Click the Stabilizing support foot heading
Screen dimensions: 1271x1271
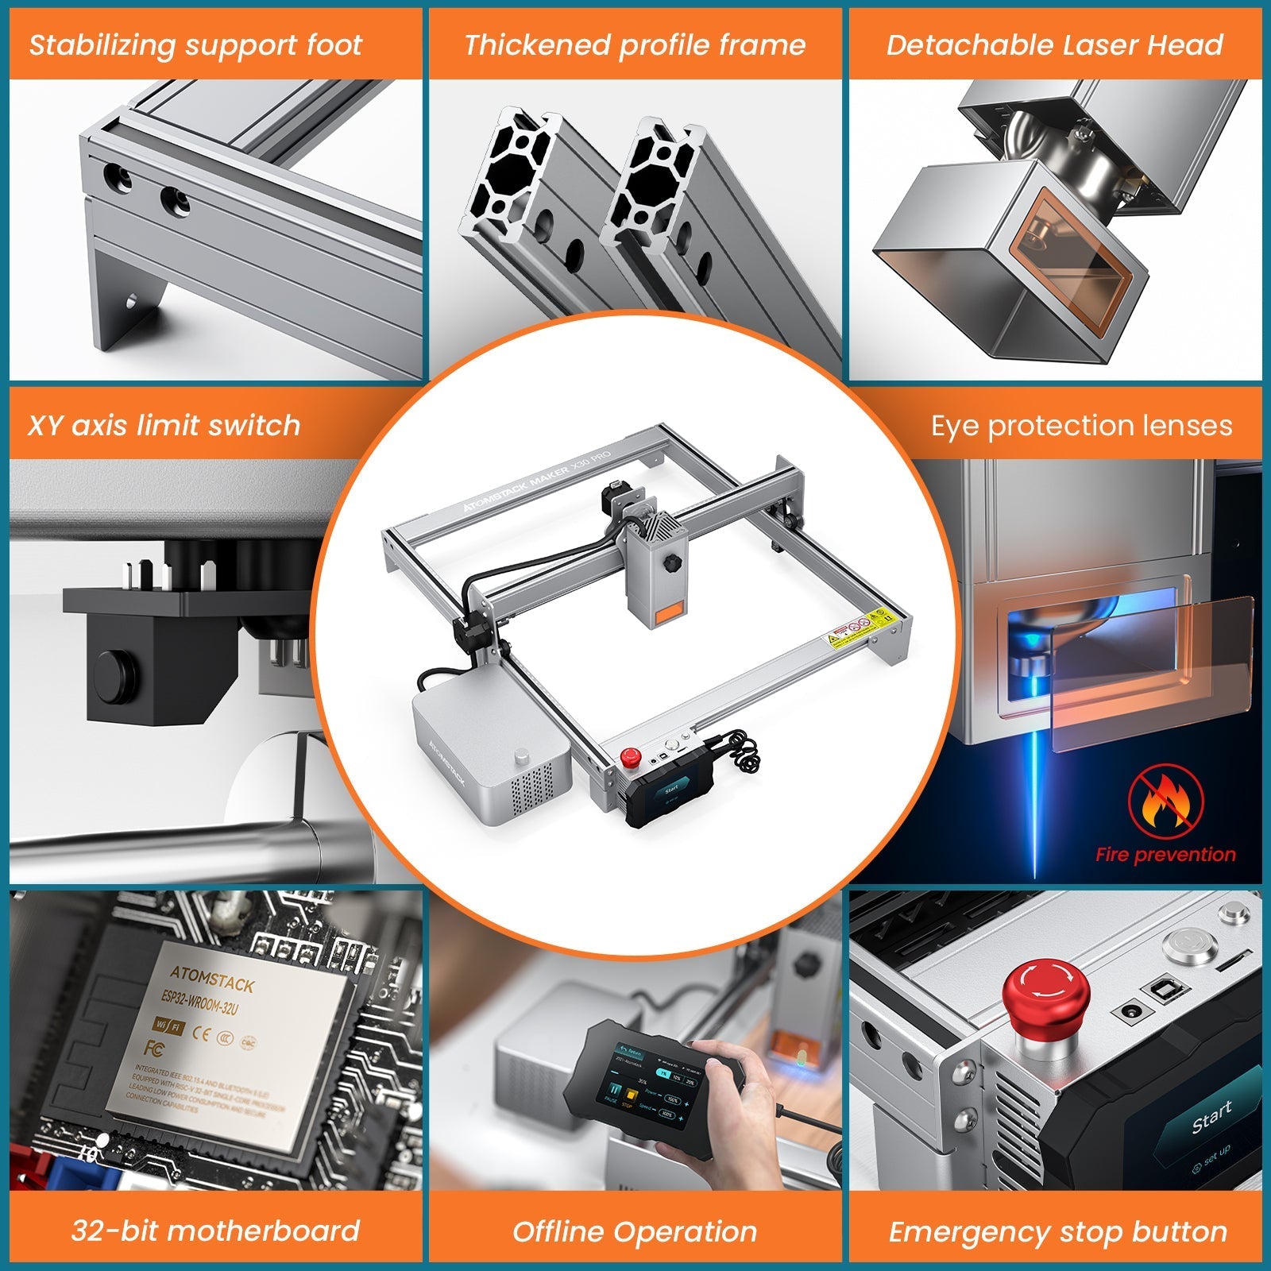[195, 45]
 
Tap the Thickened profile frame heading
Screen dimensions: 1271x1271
[635, 45]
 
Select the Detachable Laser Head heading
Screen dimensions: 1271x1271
[1055, 45]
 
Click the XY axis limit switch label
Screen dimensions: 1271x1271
[164, 426]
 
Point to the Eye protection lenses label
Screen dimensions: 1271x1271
[1082, 426]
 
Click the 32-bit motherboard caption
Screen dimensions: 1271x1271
[215, 1230]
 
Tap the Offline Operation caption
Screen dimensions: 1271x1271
[635, 1232]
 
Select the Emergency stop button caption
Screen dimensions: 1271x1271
[1058, 1232]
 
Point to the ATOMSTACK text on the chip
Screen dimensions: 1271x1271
[212, 979]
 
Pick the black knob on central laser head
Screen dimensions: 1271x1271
[674, 563]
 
